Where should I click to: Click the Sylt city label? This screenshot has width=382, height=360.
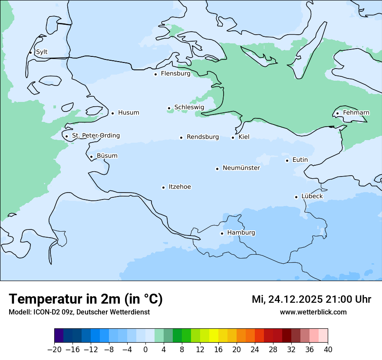(x=42, y=52)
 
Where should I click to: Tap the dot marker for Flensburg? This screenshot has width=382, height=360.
(x=155, y=74)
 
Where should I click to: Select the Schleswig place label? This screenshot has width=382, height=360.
(x=189, y=107)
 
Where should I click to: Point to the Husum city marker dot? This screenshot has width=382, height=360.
(x=112, y=113)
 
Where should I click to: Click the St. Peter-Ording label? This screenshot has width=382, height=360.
(x=95, y=136)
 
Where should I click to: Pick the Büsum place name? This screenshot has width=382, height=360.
(x=107, y=156)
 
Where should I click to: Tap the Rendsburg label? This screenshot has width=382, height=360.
(x=203, y=137)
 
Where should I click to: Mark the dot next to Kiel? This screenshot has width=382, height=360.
(x=233, y=137)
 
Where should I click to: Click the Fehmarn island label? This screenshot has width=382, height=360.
(x=356, y=113)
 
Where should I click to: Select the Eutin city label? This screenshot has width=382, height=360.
(x=300, y=160)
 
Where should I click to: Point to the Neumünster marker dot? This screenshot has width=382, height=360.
(x=217, y=169)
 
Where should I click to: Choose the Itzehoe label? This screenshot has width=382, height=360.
(x=180, y=187)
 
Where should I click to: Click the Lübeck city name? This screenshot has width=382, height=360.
(x=312, y=196)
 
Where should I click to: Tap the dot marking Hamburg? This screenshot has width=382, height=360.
(x=222, y=233)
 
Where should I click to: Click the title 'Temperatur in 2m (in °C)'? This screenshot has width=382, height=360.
(x=86, y=299)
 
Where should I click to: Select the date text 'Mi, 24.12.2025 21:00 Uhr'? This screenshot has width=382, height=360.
(x=311, y=299)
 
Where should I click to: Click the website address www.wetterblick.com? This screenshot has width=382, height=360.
(x=313, y=312)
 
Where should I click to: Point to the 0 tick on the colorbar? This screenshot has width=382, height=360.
(x=145, y=350)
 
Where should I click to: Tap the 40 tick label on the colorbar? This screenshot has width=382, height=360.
(x=328, y=350)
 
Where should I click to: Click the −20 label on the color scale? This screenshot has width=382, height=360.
(x=54, y=350)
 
